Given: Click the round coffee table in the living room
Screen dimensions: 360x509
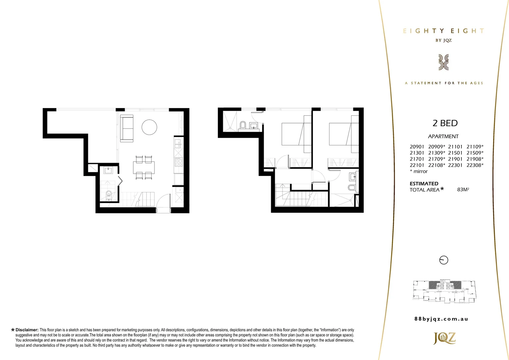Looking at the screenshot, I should click(149, 127).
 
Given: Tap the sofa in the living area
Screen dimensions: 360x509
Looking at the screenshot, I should click(127, 128).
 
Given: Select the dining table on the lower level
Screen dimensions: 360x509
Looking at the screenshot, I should click(144, 167).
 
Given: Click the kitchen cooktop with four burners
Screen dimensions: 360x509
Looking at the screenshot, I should click(179, 162).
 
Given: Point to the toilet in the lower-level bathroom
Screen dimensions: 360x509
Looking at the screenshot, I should click(108, 195).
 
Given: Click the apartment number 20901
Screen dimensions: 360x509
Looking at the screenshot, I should click(417, 147).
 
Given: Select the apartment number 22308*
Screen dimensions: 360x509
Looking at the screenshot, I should click(475, 165).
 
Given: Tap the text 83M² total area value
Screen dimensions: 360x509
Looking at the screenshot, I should click(463, 190).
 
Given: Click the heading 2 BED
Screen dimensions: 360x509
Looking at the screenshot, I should click(445, 123).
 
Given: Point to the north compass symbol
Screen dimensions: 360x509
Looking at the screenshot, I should click(444, 260).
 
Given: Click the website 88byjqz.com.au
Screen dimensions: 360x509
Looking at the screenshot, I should click(441, 319).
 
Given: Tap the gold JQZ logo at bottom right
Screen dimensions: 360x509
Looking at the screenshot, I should click(444, 338).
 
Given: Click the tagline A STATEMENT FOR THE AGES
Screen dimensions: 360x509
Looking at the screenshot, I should click(444, 83).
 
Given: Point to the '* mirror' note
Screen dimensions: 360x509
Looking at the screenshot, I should click(419, 171).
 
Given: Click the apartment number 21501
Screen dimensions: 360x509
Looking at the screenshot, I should click(455, 153).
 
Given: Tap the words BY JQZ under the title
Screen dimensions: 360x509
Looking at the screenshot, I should click(443, 40).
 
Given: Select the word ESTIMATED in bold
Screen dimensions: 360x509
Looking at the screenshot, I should click(424, 184).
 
